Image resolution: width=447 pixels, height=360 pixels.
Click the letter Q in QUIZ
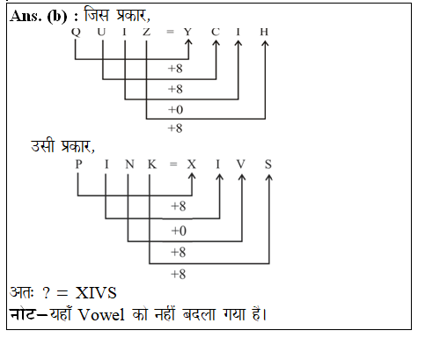point(76,32)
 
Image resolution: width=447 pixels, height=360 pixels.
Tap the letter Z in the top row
point(147,32)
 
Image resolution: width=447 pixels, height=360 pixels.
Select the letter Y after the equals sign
point(187,32)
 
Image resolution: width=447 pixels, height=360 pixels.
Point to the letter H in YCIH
point(264,32)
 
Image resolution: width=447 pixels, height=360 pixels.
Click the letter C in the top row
point(216,32)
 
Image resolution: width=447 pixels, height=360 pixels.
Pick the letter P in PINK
point(78,164)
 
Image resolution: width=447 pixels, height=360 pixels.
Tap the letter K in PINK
point(152,164)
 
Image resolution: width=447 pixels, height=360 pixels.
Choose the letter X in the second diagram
point(192,164)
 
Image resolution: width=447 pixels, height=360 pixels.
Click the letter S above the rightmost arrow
point(268,164)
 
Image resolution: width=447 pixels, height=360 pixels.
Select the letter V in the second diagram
point(241,164)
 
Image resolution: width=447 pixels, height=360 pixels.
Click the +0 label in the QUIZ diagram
point(175,110)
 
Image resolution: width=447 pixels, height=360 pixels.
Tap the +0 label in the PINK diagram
point(179,231)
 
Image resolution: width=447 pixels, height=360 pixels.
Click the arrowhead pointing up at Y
point(188,43)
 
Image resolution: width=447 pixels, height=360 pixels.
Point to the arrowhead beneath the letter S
point(269,178)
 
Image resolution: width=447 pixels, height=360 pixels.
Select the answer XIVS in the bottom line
point(96,293)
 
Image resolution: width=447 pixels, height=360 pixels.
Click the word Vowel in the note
point(101,315)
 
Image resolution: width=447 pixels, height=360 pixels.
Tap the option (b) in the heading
point(57,17)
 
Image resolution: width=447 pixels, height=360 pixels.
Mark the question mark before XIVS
point(46,293)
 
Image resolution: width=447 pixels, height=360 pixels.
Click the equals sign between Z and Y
point(170,32)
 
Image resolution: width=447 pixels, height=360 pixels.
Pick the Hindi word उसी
point(43,146)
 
